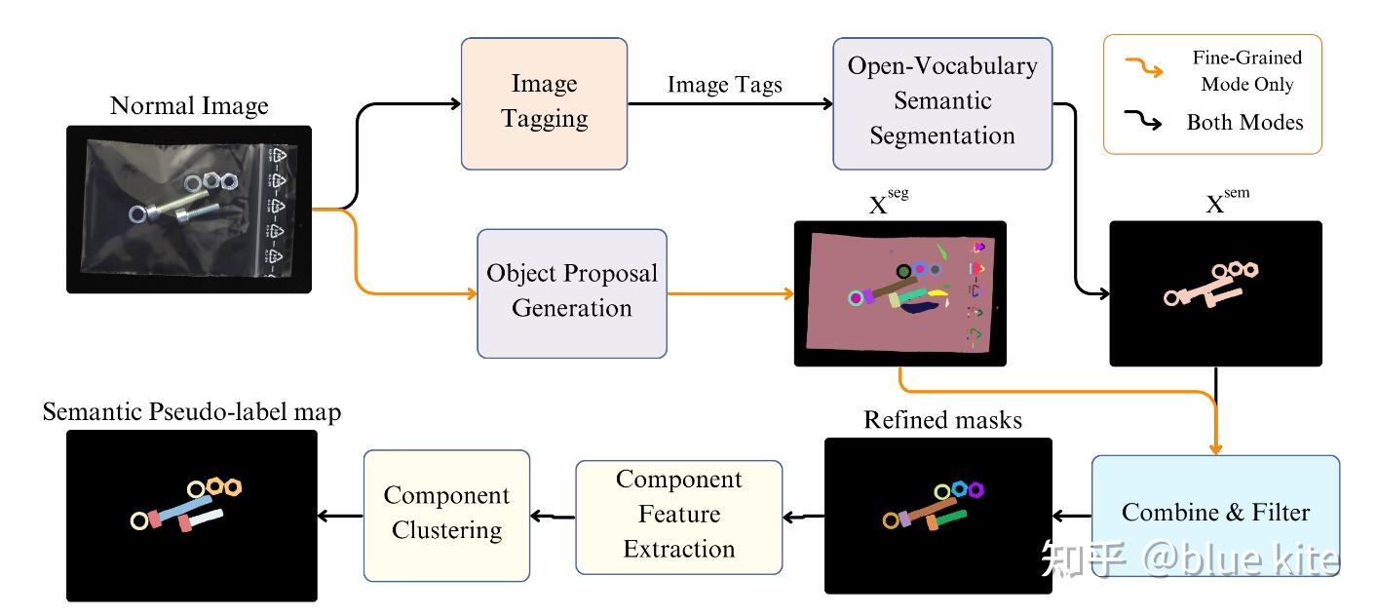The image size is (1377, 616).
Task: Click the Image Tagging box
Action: [544, 102]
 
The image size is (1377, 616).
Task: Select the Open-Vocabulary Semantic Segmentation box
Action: [942, 101]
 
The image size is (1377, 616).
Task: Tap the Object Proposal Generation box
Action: [572, 291]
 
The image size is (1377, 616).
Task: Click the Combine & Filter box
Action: [1215, 513]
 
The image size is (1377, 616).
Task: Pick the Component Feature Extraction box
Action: [678, 515]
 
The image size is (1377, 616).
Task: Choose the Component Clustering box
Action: [446, 513]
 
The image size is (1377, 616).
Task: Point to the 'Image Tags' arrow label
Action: [724, 85]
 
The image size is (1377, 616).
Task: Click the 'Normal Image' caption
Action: [189, 105]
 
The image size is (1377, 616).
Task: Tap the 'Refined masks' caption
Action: [942, 420]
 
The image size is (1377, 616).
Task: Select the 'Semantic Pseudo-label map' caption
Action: [192, 412]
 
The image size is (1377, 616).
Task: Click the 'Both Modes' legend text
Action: [1244, 123]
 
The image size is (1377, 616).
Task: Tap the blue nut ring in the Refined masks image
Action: [960, 488]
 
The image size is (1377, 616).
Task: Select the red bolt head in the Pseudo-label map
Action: [185, 524]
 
